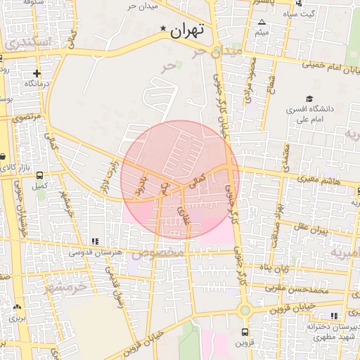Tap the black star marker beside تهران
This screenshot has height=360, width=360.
(x=164, y=29)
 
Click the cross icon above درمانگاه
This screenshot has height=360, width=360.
(x=37, y=73)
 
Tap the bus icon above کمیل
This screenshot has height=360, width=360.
(x=39, y=175)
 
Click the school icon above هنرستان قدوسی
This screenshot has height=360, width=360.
(x=95, y=242)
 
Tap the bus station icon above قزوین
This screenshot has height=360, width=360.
(x=245, y=332)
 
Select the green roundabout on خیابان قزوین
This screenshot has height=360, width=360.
(x=245, y=309)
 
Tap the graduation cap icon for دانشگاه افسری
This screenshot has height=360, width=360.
(x=309, y=98)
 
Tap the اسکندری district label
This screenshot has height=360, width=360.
(x=28, y=42)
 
